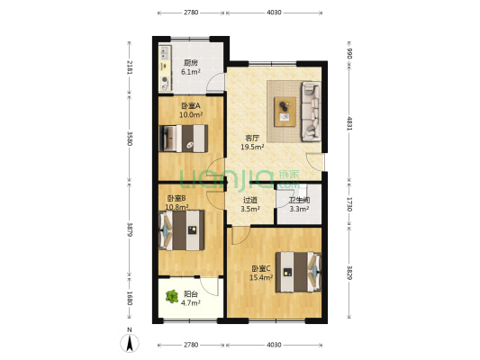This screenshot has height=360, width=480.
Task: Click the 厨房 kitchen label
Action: (x=189, y=62)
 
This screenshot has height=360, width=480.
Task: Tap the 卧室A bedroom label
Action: (x=191, y=106)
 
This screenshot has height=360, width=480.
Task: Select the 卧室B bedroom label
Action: (x=177, y=198)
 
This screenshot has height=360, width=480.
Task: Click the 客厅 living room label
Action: (x=253, y=139)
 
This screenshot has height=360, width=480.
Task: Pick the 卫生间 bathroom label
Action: (x=298, y=201)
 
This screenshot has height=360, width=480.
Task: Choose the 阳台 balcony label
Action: (x=191, y=293)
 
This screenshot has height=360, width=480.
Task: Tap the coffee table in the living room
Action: (x=285, y=110)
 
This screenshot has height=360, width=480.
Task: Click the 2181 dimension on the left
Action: (x=130, y=67)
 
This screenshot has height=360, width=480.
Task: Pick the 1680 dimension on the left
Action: (x=130, y=298)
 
